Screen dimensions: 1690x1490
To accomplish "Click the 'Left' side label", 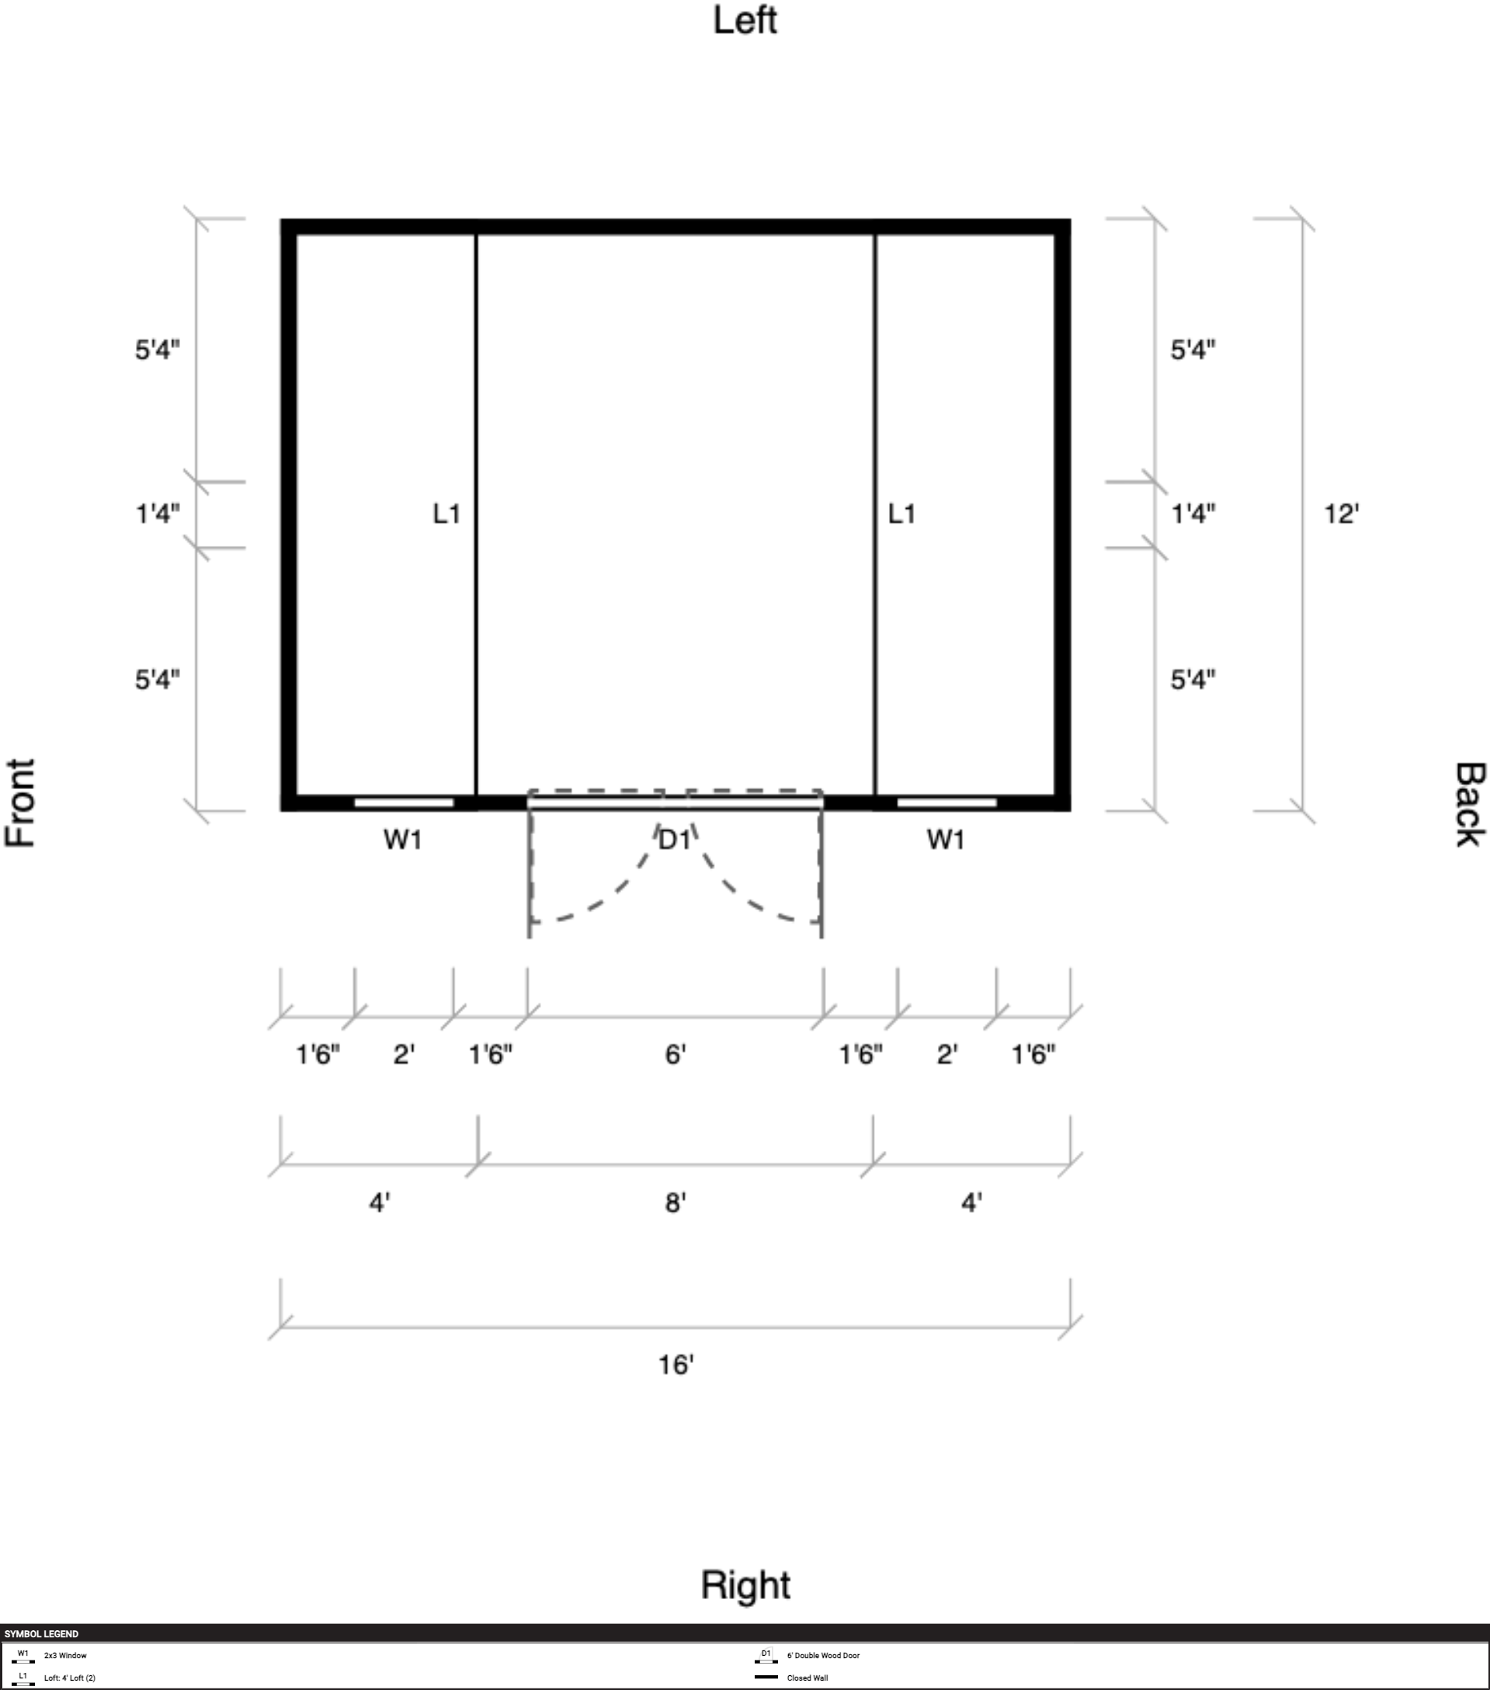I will [745, 21].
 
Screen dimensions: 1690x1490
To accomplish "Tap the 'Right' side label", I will [745, 1585].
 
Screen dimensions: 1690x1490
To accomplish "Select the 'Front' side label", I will [21, 803].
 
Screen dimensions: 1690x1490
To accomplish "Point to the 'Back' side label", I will [1468, 805].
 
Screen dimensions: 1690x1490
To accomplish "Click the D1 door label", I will [674, 840].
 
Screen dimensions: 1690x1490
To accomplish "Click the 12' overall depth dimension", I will [1341, 514].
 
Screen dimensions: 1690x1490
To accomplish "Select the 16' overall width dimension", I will [676, 1365].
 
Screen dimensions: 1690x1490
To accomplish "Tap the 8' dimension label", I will [676, 1202].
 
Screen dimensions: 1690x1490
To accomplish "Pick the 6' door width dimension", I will [676, 1054].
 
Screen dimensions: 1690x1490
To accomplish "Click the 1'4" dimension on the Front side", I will [157, 514].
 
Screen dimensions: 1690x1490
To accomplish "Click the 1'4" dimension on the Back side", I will [1193, 514].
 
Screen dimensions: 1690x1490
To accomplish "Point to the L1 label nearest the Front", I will [446, 514].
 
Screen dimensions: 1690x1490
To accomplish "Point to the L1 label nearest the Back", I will [901, 514].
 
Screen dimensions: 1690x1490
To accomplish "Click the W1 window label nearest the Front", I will [403, 840].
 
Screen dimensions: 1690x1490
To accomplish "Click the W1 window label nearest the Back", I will [946, 840].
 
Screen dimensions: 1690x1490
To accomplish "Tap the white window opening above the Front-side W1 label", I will [403, 802].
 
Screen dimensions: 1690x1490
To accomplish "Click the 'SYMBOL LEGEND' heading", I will [41, 1634].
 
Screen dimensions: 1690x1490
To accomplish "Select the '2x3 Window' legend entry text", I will [65, 1655].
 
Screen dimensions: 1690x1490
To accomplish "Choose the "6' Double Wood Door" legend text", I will [823, 1655].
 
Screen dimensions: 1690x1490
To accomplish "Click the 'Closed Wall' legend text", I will [808, 1678].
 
